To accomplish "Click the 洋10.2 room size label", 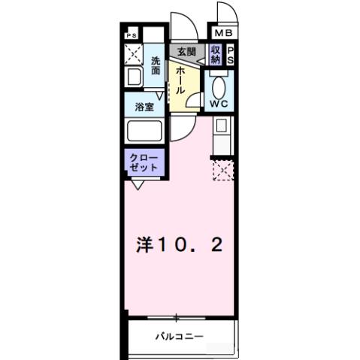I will (x=178, y=246).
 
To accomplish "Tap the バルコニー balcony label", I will (x=180, y=335).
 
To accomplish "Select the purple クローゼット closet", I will (x=141, y=162).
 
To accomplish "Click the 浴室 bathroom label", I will (x=145, y=107).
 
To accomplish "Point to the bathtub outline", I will (x=145, y=132).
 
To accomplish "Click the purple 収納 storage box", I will (x=216, y=55).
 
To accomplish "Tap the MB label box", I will (x=224, y=33).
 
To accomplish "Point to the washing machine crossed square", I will (x=134, y=55).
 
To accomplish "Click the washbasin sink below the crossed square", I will (x=133, y=78).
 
